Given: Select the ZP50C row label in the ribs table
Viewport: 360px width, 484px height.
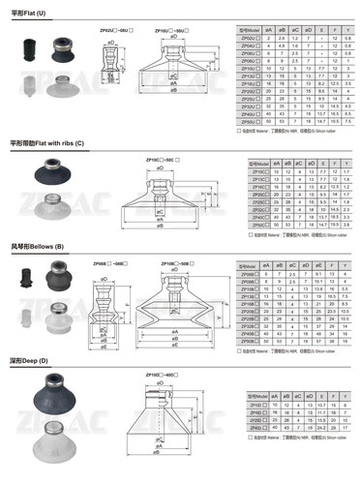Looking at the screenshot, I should click(257, 224).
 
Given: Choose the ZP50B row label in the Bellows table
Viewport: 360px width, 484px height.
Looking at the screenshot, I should click(248, 341).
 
